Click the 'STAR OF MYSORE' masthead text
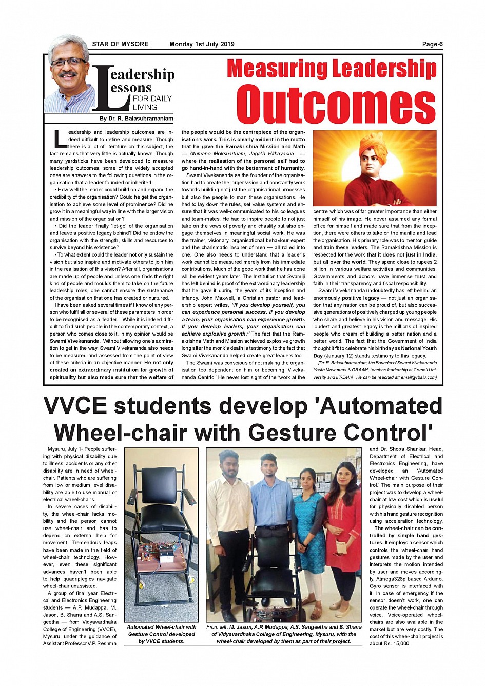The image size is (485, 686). click(120, 44)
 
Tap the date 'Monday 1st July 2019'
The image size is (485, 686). click(202, 44)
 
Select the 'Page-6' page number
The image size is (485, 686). click(432, 44)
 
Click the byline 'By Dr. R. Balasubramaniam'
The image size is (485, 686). click(137, 119)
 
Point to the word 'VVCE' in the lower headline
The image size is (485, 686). click(75, 406)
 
